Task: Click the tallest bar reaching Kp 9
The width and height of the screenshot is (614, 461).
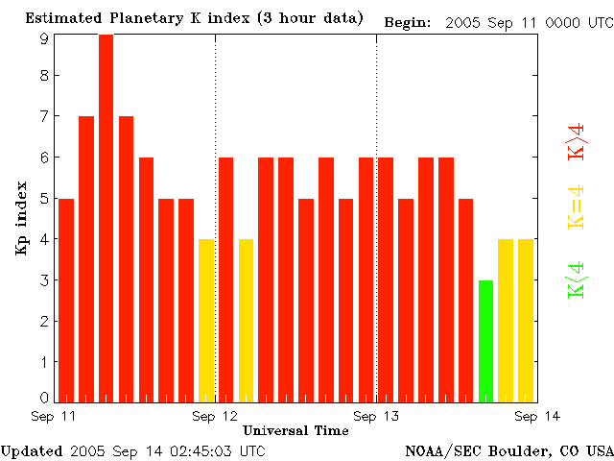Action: point(106,216)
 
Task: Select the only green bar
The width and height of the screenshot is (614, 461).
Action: point(485,340)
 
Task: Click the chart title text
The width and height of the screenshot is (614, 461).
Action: point(194,19)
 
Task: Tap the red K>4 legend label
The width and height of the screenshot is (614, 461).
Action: point(577,141)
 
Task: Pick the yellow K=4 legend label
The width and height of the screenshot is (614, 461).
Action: point(577,207)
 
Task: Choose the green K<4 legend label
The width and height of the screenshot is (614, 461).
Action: point(577,279)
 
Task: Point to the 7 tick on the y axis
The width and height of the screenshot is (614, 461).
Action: point(44,116)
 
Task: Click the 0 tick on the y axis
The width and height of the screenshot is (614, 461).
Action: point(44,397)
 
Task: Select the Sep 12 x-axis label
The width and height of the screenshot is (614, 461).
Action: point(215,415)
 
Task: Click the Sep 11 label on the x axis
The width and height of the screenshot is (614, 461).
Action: point(54,415)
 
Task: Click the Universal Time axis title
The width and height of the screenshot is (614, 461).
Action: point(295,430)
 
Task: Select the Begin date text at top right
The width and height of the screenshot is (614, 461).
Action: point(497,21)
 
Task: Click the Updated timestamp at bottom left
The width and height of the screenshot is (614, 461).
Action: point(131,450)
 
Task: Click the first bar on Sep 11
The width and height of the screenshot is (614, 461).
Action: point(66,300)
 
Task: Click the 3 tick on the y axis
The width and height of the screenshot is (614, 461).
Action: point(44,279)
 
